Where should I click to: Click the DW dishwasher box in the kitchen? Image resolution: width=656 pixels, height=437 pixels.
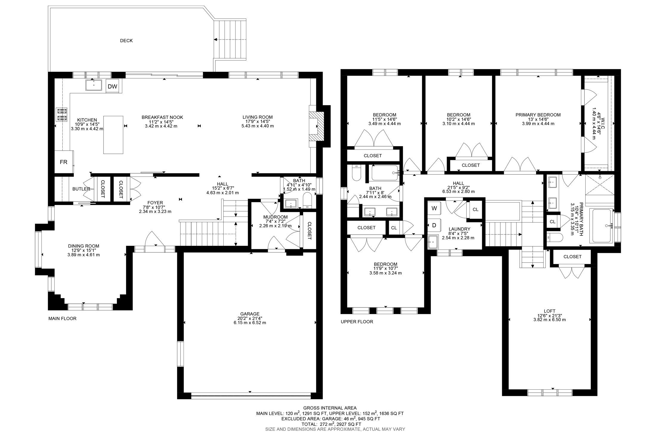112,86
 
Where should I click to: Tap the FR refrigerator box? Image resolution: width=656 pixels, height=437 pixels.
64,162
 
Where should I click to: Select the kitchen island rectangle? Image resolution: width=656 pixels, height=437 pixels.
113,135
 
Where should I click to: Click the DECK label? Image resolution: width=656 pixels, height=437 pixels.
126,41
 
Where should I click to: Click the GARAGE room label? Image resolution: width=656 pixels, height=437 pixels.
250,314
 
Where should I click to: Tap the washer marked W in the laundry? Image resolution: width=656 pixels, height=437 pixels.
434,208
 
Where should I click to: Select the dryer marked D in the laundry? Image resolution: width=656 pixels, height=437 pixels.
434,225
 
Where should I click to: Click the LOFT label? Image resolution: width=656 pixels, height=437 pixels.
549,311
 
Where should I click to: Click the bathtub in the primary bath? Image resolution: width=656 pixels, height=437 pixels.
602,226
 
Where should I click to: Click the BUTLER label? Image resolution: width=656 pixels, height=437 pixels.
81,189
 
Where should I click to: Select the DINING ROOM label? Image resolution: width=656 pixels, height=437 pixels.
83,246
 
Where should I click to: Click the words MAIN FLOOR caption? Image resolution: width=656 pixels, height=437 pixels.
62,318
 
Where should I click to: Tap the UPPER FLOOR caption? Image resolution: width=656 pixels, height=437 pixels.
357,322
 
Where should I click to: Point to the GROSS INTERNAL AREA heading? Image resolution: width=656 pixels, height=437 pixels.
330,408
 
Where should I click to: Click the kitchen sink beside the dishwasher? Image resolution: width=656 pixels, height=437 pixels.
94,85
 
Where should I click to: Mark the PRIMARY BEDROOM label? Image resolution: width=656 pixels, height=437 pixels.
538,115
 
